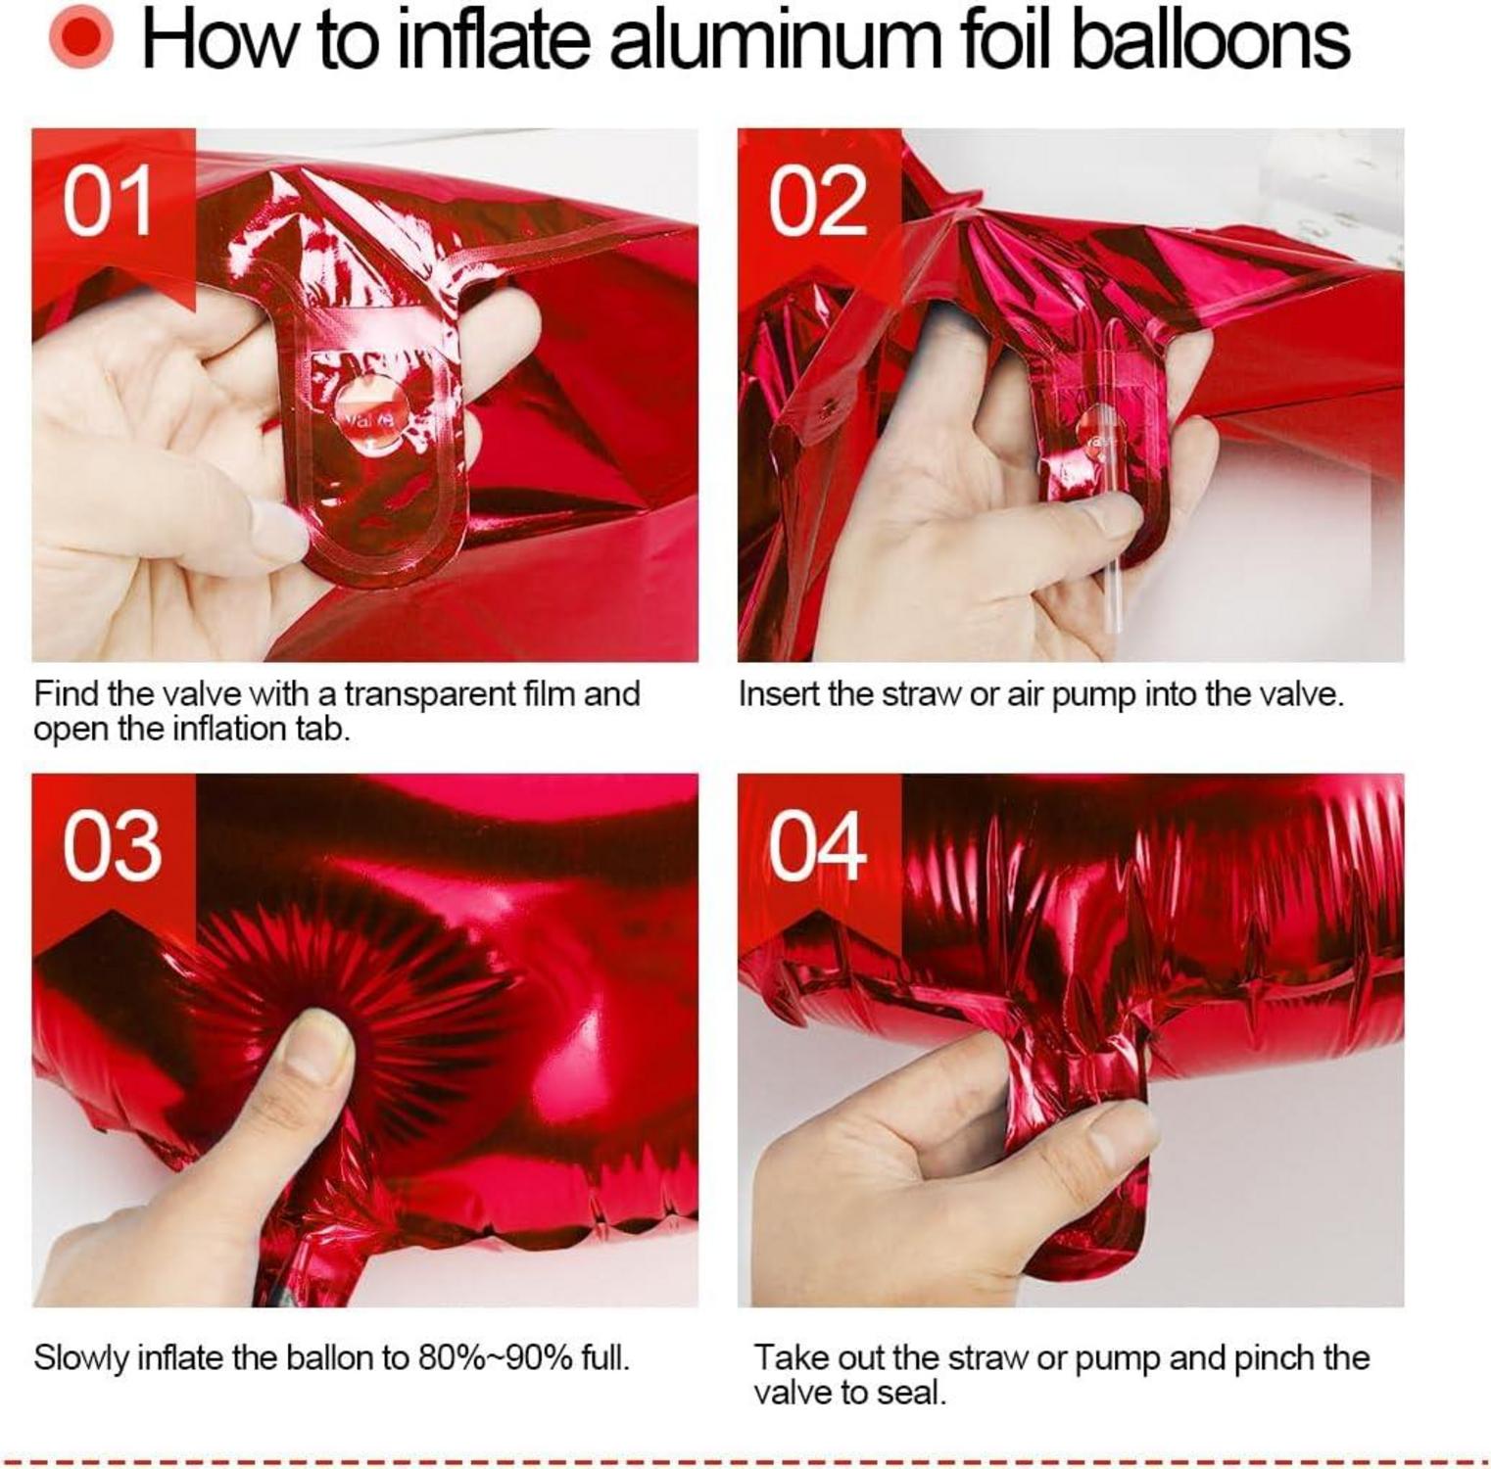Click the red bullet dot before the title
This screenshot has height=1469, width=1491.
[x=80, y=39]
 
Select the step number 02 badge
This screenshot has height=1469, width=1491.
[x=817, y=201]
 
